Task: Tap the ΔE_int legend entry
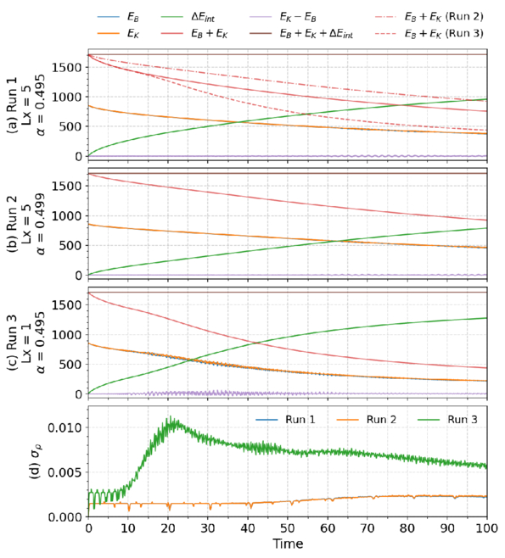(x=188, y=17)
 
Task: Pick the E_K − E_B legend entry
(x=283, y=17)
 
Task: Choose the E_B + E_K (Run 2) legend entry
(x=429, y=17)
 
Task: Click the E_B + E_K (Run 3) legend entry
(x=429, y=33)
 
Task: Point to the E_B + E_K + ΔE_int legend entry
(x=301, y=33)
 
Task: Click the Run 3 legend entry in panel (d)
(x=447, y=420)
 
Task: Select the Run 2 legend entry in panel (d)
(x=366, y=420)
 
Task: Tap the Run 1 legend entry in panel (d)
(x=285, y=420)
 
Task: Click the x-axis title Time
(x=288, y=544)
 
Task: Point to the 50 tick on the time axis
(x=288, y=528)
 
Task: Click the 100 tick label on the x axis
(x=487, y=528)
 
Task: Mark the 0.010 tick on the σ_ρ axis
(x=66, y=427)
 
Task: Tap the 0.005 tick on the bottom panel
(x=66, y=472)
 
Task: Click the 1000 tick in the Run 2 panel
(x=68, y=215)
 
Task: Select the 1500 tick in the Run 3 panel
(x=68, y=304)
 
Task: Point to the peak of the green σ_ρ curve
(x=171, y=416)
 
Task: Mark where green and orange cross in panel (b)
(x=338, y=242)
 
